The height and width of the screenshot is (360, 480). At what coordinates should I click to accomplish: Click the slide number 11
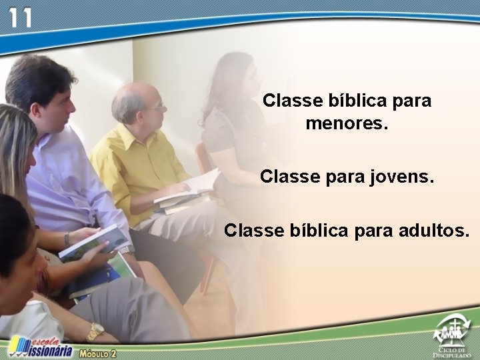(x=19, y=17)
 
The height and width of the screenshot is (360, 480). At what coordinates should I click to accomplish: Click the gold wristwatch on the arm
(x=95, y=331)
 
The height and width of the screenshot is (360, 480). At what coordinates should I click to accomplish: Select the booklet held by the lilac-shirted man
(x=93, y=244)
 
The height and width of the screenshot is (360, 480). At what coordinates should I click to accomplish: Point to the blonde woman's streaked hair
(x=13, y=153)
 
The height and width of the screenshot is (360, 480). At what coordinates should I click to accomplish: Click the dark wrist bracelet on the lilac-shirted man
(x=67, y=238)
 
